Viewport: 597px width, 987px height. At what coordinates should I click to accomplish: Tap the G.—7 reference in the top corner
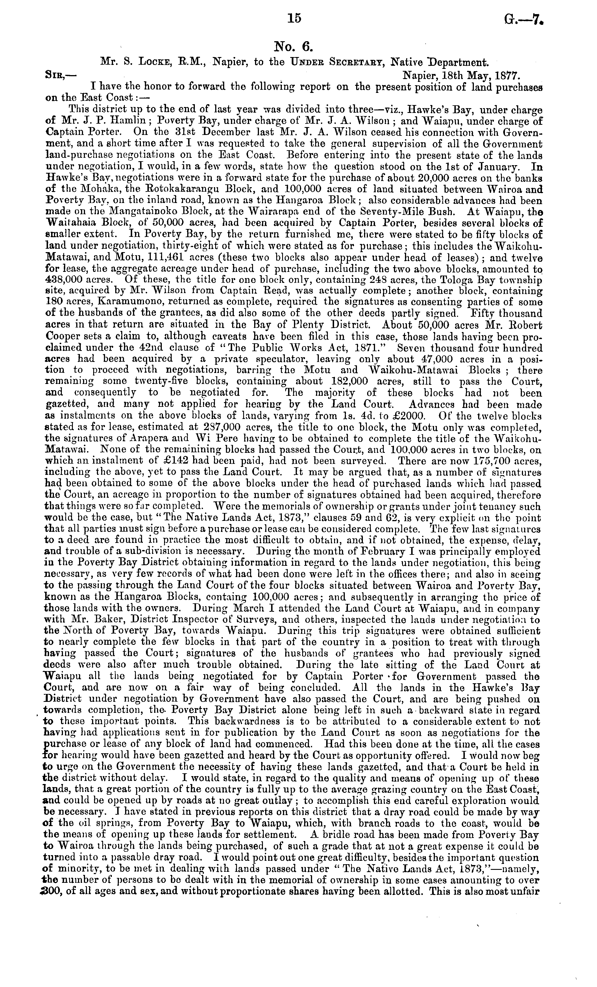coord(523,19)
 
